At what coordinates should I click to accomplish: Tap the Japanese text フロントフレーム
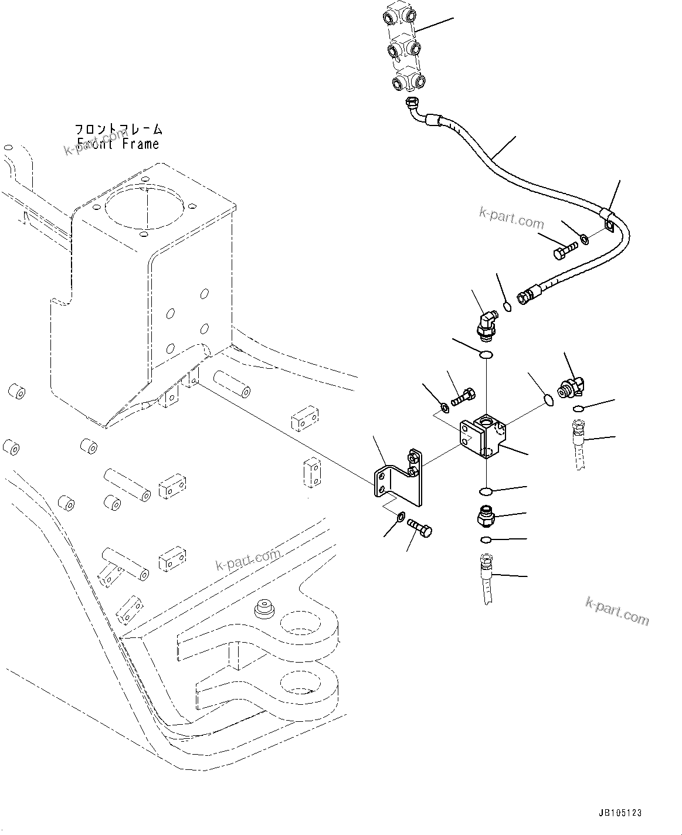[x=118, y=129]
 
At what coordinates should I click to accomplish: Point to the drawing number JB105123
[x=620, y=813]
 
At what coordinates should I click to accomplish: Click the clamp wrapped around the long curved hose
[x=608, y=220]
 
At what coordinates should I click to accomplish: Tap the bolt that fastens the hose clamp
[x=564, y=249]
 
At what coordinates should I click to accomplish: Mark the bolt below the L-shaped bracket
[x=419, y=526]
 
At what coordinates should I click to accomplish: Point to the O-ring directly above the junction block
[x=486, y=354]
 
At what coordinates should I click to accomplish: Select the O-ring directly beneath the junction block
[x=486, y=490]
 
